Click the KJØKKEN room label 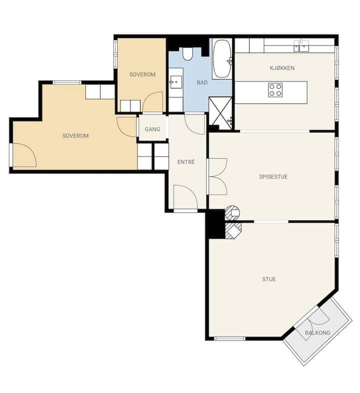point(282,68)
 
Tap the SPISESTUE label point(273,176)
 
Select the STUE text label point(269,279)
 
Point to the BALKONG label point(317,333)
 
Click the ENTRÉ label point(186,162)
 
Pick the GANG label point(152,129)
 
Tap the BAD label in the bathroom point(202,82)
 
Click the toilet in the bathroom point(187,54)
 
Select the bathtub point(222,59)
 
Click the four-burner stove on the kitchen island point(275,90)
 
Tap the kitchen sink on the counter point(301,45)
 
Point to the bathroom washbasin point(176,82)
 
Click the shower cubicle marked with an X point(220,111)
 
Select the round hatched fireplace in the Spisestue point(232,213)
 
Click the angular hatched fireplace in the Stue point(233,230)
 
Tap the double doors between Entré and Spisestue point(217,176)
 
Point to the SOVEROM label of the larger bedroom point(75,136)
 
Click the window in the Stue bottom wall point(229,338)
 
